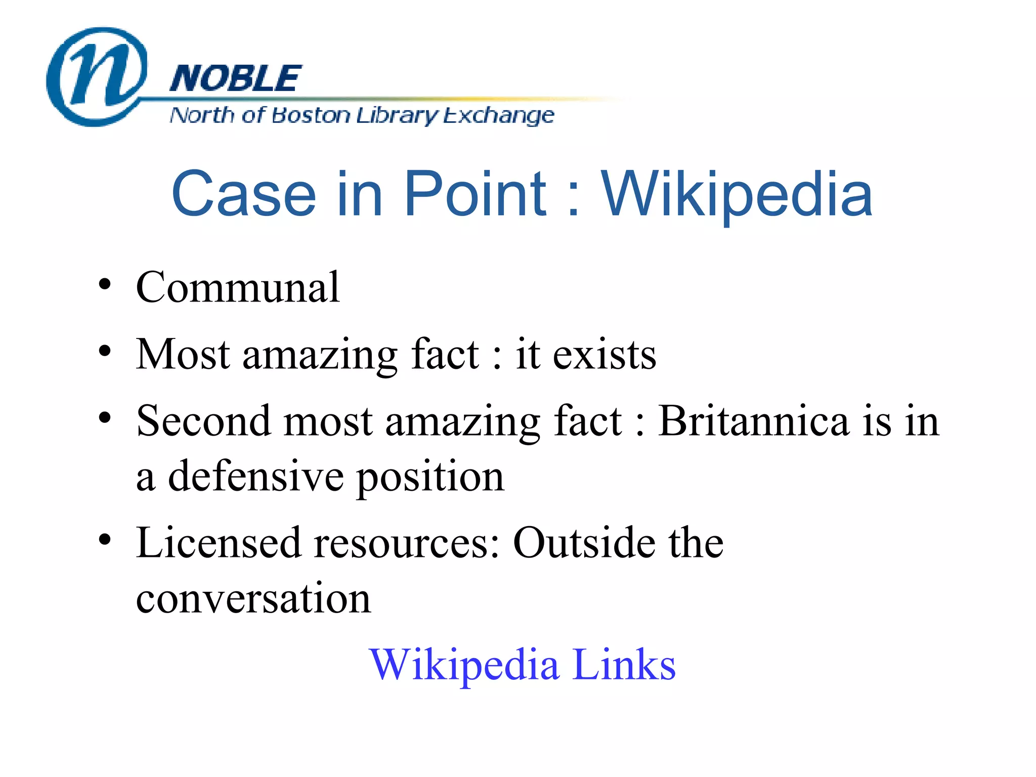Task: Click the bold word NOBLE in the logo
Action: pos(236,79)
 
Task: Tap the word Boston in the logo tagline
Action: pos(310,116)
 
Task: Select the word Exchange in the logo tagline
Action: pos(499,116)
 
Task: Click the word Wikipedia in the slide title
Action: pos(737,194)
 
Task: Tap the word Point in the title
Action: pos(475,194)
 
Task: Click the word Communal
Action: pos(238,287)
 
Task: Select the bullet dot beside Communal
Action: pos(105,284)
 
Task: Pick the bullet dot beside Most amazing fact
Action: pos(105,351)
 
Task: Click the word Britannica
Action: pos(754,421)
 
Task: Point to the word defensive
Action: pos(256,477)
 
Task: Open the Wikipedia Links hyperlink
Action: pos(522,664)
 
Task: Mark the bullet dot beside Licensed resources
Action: pos(105,540)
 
